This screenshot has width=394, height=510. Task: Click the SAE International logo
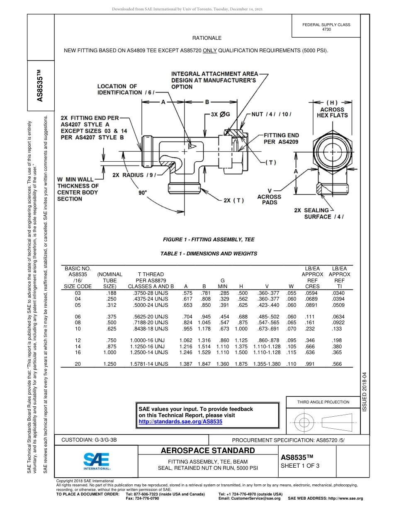tap(97, 461)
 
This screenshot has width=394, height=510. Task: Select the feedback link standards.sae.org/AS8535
tap(180, 421)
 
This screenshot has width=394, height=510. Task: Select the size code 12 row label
tap(78, 340)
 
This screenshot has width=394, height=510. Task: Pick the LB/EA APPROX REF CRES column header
tap(312, 277)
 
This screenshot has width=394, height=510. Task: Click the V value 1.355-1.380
tap(267, 364)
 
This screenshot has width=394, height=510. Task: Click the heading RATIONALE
tap(207, 38)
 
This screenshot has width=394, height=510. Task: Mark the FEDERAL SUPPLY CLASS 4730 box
tap(326, 27)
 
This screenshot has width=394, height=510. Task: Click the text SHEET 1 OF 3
tap(300, 465)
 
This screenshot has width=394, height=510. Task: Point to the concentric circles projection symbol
tap(305, 422)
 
